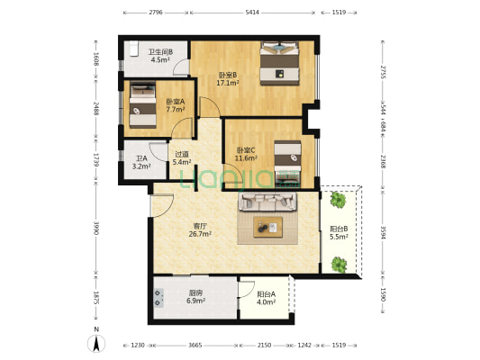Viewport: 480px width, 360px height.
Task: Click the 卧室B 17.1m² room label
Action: [228, 78]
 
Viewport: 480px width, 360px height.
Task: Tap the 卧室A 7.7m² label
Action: [176, 105]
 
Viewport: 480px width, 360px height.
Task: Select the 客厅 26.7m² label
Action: [200, 230]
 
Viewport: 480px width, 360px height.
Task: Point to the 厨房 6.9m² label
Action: [195, 297]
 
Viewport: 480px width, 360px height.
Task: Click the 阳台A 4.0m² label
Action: [266, 298]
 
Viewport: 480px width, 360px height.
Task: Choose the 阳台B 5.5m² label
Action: [339, 232]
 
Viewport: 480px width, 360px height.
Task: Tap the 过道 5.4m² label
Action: [182, 158]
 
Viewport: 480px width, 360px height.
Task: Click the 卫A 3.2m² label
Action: [141, 162]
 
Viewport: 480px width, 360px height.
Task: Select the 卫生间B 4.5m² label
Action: [160, 56]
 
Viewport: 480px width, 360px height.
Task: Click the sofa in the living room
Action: [267, 202]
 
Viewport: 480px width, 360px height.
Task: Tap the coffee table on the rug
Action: [267, 227]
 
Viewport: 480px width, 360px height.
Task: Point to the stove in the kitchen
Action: [158, 298]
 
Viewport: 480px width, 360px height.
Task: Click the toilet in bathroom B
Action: [134, 49]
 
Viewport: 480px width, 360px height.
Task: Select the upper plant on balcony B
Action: [338, 200]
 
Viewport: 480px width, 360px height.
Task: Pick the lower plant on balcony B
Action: [339, 265]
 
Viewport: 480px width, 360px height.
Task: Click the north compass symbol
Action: [96, 343]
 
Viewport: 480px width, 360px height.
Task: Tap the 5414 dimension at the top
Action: [252, 13]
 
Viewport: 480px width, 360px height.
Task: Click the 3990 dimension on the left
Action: [95, 229]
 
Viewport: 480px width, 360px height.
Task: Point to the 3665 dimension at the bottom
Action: [195, 346]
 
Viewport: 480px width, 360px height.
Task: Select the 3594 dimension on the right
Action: [383, 232]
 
